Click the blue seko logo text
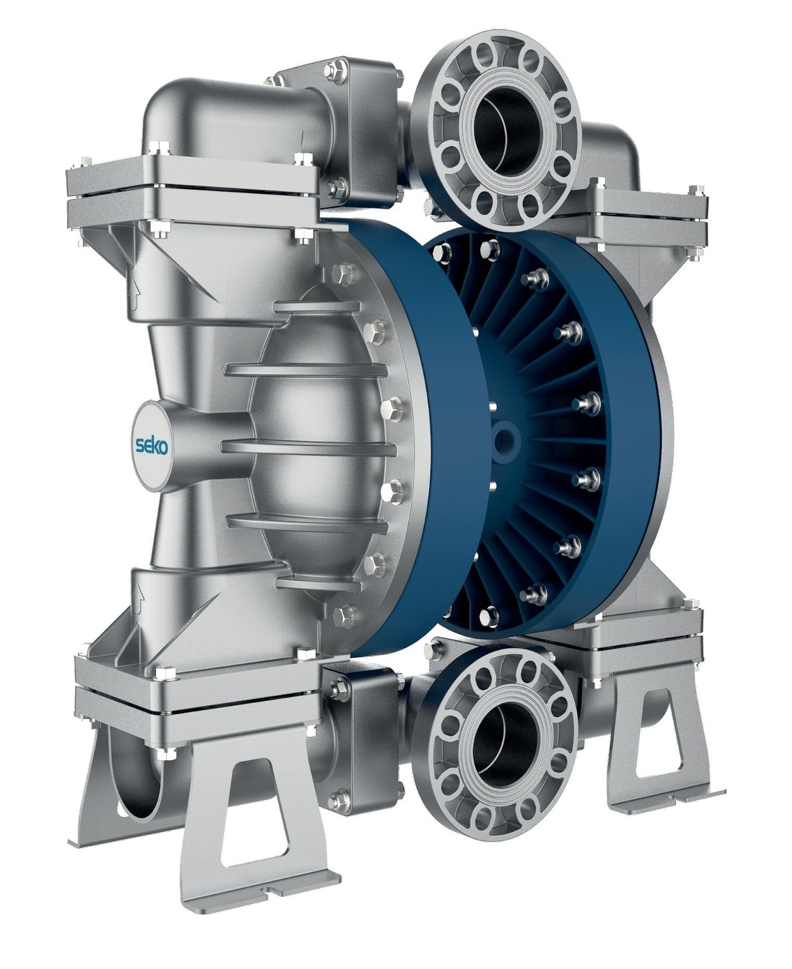152,446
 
